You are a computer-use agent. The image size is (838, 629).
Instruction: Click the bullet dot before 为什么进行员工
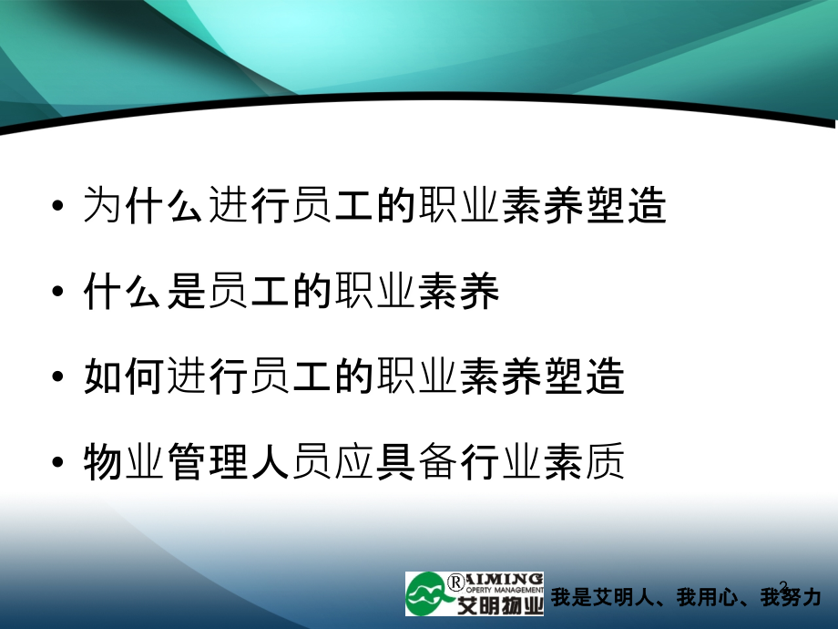pos(57,205)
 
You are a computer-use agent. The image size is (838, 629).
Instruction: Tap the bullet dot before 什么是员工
pos(57,291)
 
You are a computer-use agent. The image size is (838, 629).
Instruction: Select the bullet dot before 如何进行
pos(57,376)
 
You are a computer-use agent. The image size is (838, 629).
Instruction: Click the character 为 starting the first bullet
pos(102,205)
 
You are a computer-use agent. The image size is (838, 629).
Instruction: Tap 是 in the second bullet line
pos(186,291)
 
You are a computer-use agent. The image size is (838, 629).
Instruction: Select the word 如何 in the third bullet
pos(124,376)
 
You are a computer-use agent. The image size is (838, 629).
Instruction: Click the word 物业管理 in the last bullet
pos(165,461)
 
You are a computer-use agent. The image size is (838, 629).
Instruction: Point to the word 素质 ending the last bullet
pos(584,461)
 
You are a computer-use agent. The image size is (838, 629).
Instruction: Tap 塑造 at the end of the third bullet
pos(584,376)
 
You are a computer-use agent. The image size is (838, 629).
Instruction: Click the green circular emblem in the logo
pos(426,593)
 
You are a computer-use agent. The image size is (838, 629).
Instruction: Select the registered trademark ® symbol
pos(455,582)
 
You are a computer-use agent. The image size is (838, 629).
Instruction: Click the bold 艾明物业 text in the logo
pos(500,605)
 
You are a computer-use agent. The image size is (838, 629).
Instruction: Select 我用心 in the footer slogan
pos(707,597)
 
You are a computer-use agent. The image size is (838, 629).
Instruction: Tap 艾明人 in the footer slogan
pos(623,597)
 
